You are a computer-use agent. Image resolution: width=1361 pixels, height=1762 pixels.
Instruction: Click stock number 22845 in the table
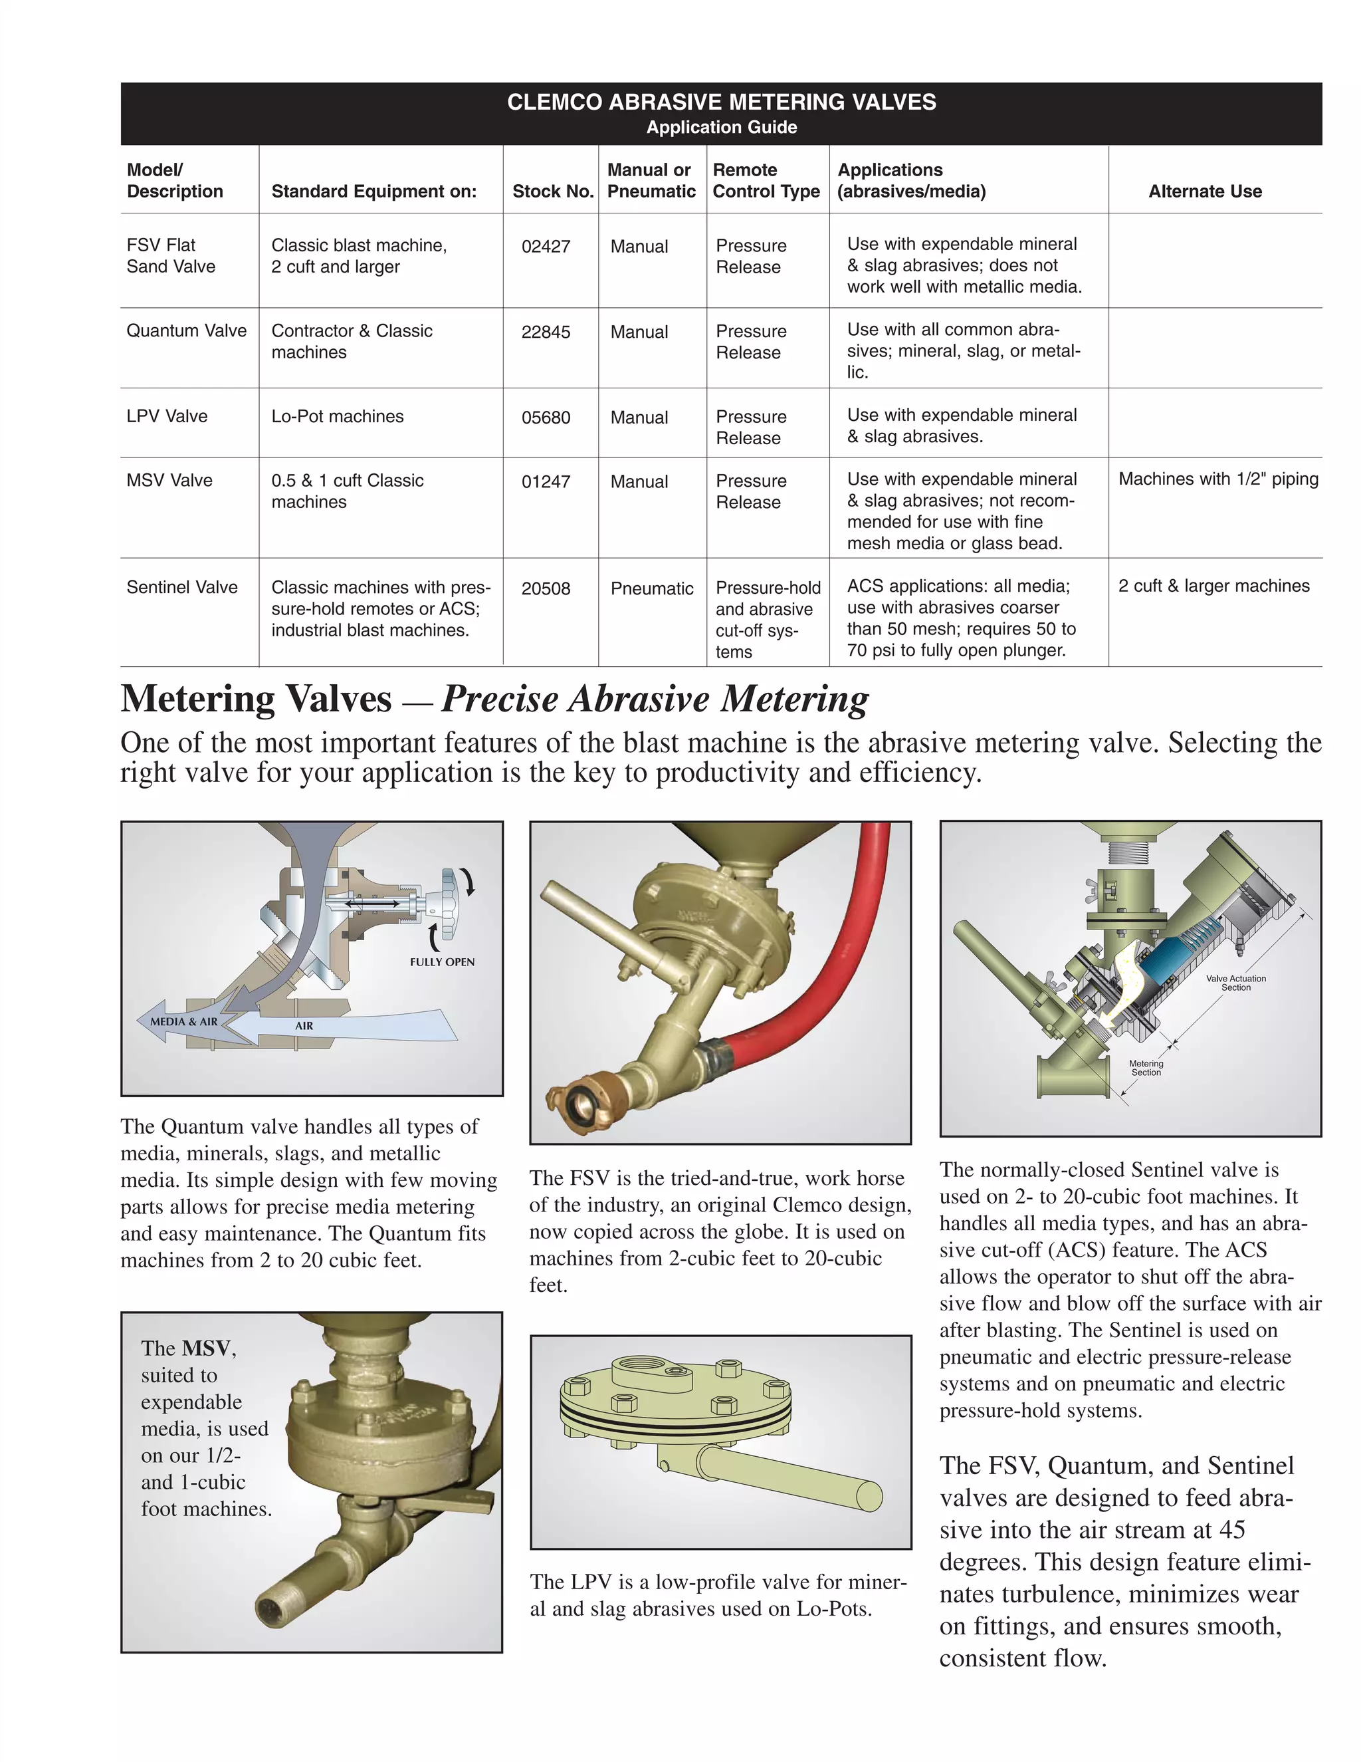[x=546, y=332]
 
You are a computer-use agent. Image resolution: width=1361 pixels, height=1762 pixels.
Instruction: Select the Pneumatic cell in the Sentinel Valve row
[x=651, y=588]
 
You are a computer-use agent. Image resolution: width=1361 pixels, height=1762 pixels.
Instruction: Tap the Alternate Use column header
[x=1205, y=191]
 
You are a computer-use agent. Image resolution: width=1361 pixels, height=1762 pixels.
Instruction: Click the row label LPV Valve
[x=167, y=416]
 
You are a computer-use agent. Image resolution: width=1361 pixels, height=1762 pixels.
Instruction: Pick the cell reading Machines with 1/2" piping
[x=1217, y=479]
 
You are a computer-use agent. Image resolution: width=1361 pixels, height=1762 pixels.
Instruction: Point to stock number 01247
[x=546, y=481]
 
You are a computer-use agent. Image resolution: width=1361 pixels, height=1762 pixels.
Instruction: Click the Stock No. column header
[x=553, y=191]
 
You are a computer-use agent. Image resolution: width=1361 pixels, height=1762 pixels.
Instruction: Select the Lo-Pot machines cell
[x=337, y=416]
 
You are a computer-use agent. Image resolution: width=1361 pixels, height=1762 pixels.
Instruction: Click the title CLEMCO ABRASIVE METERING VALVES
[x=722, y=102]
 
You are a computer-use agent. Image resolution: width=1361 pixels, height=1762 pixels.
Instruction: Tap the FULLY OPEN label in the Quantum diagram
[x=442, y=961]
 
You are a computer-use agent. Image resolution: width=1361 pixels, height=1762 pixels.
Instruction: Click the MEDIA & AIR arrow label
[x=184, y=1021]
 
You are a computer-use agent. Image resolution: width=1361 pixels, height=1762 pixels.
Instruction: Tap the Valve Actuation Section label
[x=1235, y=983]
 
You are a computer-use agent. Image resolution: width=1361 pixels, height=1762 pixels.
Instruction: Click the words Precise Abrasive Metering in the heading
[x=655, y=699]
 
